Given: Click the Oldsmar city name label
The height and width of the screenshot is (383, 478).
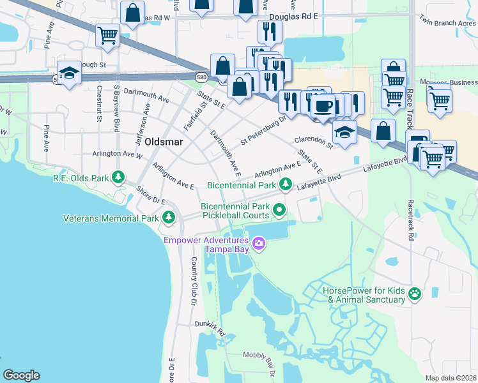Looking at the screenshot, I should coord(165,141).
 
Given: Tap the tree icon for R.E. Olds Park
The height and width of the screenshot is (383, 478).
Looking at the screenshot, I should coord(118,177).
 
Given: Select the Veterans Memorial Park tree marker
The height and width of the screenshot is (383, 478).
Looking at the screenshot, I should coord(169,218).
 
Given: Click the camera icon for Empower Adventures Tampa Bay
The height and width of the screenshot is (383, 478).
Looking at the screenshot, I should coord(258,243).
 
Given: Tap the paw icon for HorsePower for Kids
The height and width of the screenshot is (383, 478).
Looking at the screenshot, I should coord(415,294).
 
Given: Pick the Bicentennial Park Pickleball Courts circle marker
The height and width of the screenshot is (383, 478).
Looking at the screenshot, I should coord(279,209).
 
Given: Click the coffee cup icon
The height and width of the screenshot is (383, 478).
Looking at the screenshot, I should coord(323,105).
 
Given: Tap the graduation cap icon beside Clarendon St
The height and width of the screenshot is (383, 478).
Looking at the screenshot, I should coord(344,132).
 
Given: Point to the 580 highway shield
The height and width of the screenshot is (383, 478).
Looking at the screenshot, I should coord(201,77).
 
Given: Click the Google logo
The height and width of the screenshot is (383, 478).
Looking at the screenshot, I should coord(22,375).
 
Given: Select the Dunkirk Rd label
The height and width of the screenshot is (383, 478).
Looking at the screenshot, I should coord(211,328).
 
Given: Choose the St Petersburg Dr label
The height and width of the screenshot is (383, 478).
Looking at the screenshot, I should coord(263,130).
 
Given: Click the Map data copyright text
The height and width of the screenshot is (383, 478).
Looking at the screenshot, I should coord(450,378).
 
